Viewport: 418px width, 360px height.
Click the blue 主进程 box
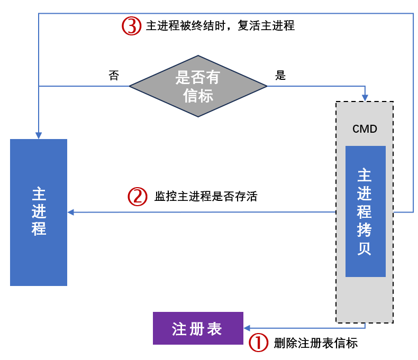(x=39, y=212)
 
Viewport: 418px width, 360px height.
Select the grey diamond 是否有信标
(x=198, y=86)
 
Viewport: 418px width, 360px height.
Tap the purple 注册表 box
(x=198, y=328)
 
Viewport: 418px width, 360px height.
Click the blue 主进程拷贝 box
(x=365, y=211)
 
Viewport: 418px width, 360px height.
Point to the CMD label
(x=365, y=129)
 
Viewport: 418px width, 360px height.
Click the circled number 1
(x=259, y=343)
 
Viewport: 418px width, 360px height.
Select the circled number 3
(x=131, y=25)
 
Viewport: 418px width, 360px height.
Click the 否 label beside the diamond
(x=114, y=75)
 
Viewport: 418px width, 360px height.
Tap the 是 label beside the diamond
(x=280, y=75)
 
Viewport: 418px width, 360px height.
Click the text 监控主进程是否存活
(x=206, y=197)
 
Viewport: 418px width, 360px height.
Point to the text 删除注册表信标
(x=316, y=343)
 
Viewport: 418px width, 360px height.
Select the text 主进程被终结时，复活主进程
(x=220, y=25)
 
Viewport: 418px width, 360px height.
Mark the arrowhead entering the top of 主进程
(x=39, y=135)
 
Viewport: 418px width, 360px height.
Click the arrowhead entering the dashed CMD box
(x=365, y=98)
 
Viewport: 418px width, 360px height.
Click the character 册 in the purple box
(x=198, y=329)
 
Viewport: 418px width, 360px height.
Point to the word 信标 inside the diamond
(x=198, y=96)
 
